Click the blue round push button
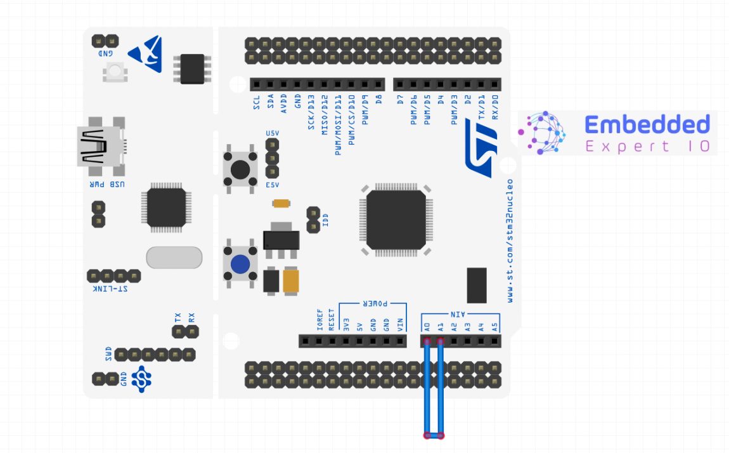tap(240, 265)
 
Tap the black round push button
tap(240, 169)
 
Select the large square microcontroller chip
tap(396, 220)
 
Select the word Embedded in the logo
tap(647, 124)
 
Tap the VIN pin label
tap(400, 325)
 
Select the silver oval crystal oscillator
tap(174, 257)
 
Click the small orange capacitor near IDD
tap(281, 204)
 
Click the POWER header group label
tap(375, 305)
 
